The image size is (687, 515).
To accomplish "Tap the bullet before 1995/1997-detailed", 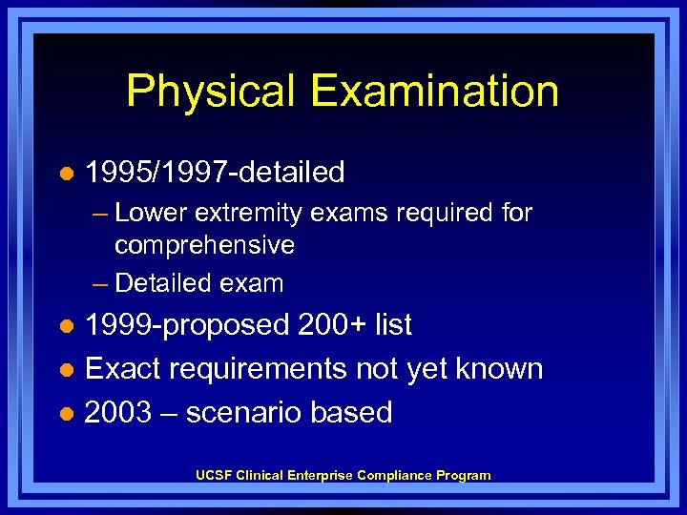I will click(x=65, y=174).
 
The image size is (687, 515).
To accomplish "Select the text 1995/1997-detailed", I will click(x=215, y=173).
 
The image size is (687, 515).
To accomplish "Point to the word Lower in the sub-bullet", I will click(x=147, y=213).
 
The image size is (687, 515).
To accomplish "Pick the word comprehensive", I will click(x=204, y=245).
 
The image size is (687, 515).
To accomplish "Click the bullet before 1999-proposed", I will click(x=65, y=325).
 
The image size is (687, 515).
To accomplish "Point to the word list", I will click(x=393, y=324).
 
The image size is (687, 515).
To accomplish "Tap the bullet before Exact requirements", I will click(x=65, y=369).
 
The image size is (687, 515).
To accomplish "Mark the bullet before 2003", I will click(x=65, y=413).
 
